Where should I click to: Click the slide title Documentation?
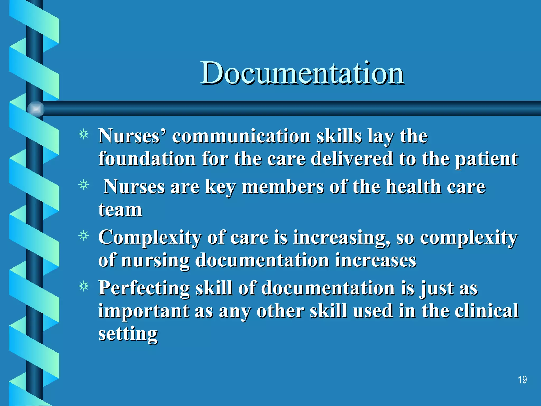[302, 73]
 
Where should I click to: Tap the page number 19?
[522, 380]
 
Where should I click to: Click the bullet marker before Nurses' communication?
[84, 135]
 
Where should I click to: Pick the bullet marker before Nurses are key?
[84, 185]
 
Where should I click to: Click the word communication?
[241, 136]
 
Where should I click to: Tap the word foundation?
[147, 159]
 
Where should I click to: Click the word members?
[283, 187]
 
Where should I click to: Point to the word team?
[120, 210]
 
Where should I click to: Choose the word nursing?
[155, 261]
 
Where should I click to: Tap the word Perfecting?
[144, 288]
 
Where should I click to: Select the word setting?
[128, 334]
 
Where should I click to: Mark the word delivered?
[352, 159]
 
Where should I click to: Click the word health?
[413, 187]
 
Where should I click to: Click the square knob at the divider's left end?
[36, 109]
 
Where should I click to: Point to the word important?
[143, 311]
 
